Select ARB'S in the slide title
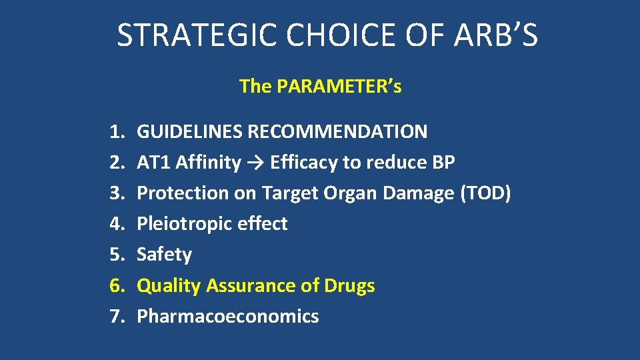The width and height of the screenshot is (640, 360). tap(495, 35)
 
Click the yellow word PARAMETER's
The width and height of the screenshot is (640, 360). tap(339, 87)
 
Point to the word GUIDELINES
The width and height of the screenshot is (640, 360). tap(189, 131)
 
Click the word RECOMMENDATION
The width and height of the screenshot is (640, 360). tap(337, 131)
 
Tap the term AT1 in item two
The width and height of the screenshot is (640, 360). tap(153, 162)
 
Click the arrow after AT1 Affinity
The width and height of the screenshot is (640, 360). tap(255, 163)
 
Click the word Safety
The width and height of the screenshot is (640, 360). tap(164, 255)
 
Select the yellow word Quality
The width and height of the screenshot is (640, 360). tap(168, 285)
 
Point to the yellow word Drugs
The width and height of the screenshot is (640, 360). tap(349, 285)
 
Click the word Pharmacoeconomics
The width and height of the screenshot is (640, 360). tap(227, 316)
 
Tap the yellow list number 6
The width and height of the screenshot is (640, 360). tap(117, 285)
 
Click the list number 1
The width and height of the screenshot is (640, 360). tap(117, 131)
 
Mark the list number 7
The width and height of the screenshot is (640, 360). tap(117, 316)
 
